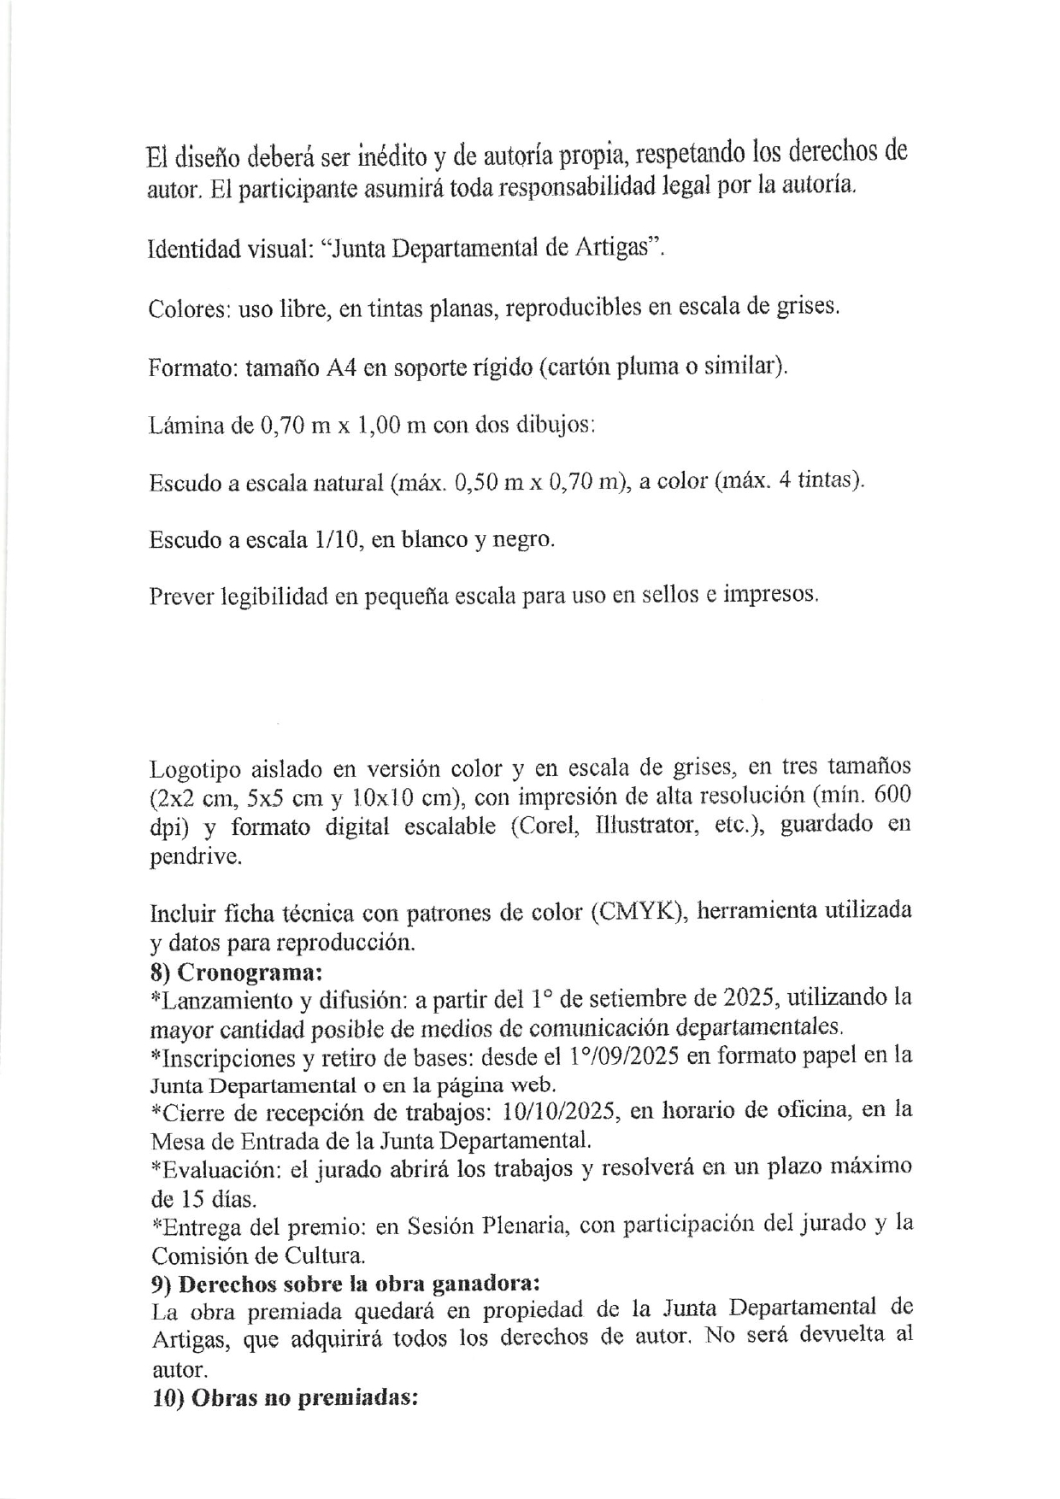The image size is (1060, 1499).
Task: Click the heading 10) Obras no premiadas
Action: (284, 1399)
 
